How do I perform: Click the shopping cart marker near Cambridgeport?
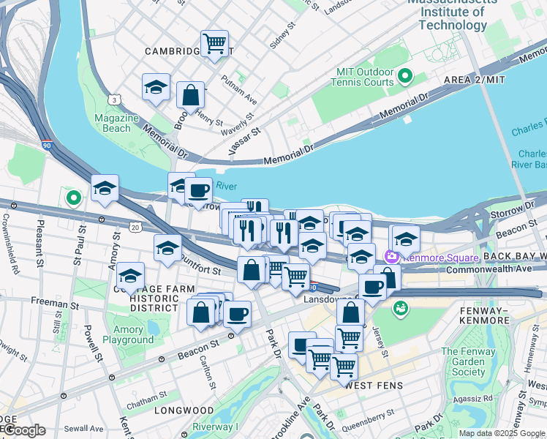[x=214, y=43]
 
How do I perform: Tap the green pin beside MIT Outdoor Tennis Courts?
[x=404, y=76]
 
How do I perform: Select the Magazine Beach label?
[x=116, y=123]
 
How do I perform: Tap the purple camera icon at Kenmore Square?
[x=391, y=257]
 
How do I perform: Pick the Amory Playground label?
[x=129, y=334]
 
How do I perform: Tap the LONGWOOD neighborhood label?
[x=184, y=410]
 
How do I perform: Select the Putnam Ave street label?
[x=239, y=89]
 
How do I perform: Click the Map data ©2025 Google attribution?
[x=502, y=433]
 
